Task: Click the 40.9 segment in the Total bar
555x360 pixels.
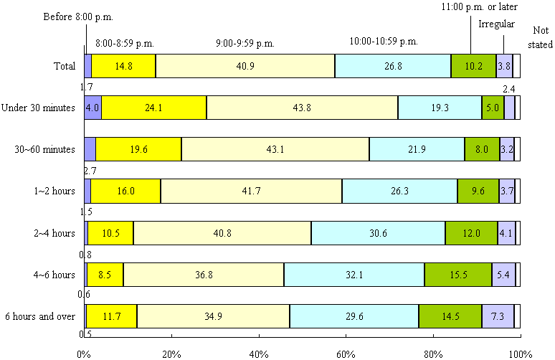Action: (245, 66)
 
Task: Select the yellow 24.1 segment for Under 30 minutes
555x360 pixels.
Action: (154, 108)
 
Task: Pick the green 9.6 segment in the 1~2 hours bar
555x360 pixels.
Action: (478, 191)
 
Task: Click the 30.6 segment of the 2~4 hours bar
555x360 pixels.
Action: (378, 233)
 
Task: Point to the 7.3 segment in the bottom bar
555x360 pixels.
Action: (498, 316)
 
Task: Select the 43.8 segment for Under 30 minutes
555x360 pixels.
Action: (302, 108)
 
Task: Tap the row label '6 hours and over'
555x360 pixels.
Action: (40, 316)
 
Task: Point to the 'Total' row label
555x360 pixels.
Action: (65, 67)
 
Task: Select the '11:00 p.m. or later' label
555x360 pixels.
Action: (478, 6)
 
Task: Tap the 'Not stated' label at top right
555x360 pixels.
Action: (541, 35)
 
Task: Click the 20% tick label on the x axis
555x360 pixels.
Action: (171, 354)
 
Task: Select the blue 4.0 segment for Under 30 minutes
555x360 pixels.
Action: (92, 108)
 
